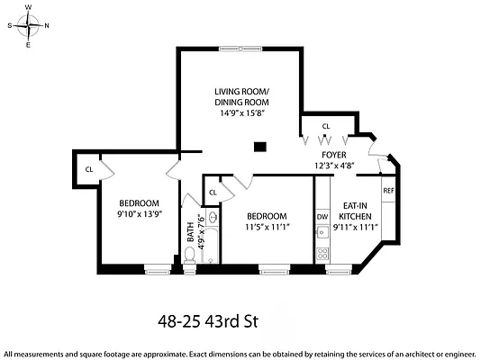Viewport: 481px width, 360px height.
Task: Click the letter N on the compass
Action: (48, 25)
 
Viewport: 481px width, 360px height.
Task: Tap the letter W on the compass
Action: (29, 6)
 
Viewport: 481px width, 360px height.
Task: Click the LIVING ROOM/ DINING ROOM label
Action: (241, 97)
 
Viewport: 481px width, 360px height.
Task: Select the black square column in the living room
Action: (260, 146)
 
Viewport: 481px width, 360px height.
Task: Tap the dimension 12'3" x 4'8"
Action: (334, 166)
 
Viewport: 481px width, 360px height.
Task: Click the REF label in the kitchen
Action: (388, 191)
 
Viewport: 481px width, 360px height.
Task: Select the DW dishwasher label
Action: (322, 217)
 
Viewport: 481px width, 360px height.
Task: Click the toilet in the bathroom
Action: (189, 256)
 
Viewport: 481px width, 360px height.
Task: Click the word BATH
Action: (189, 233)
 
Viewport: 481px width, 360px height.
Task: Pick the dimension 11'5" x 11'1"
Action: (267, 228)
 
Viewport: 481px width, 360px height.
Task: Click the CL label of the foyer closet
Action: (326, 126)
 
